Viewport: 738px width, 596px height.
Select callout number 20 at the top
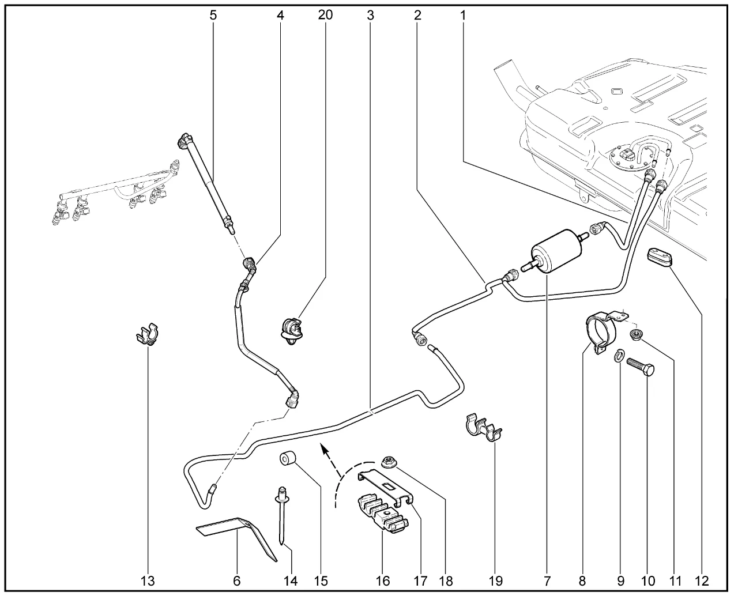click(x=325, y=15)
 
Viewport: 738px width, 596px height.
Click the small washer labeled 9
click(x=619, y=356)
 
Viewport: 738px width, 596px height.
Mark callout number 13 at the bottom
click(x=148, y=580)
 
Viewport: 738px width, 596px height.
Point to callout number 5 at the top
click(x=213, y=15)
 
